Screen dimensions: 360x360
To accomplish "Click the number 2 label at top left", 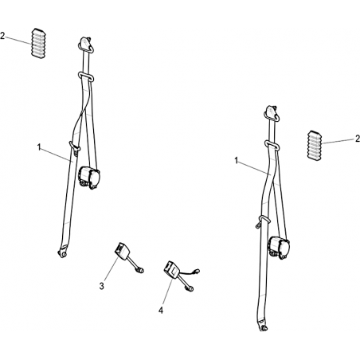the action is coord(2,36).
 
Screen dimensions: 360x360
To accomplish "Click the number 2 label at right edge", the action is coord(358,139).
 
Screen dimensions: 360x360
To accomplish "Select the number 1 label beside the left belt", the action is coord(39,147).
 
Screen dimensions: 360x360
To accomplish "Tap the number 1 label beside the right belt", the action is coord(237,160).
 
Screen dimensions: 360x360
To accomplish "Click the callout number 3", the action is coord(101,286).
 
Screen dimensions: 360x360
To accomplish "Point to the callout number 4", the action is coord(161,310).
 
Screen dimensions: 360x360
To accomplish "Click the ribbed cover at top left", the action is coord(39,43).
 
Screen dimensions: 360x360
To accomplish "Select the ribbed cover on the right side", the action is coord(315,146).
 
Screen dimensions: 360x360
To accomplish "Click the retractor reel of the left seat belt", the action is coord(89,177).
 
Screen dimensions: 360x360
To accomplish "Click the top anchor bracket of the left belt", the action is coord(85,44).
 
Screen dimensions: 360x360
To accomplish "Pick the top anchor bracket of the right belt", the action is coord(272,113).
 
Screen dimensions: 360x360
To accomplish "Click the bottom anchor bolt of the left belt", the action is coord(62,254).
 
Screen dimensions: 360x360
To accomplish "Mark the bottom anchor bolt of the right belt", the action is coord(263,328).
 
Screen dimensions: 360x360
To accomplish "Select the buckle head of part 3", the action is coord(121,250).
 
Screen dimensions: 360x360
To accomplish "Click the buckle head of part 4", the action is coord(171,269).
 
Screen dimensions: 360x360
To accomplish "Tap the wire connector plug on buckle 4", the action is coord(197,271).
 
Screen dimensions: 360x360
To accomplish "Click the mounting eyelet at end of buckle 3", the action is coord(140,270).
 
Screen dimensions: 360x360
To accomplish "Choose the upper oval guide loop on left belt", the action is coord(86,76).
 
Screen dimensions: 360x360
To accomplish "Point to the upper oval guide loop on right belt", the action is coord(272,145).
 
